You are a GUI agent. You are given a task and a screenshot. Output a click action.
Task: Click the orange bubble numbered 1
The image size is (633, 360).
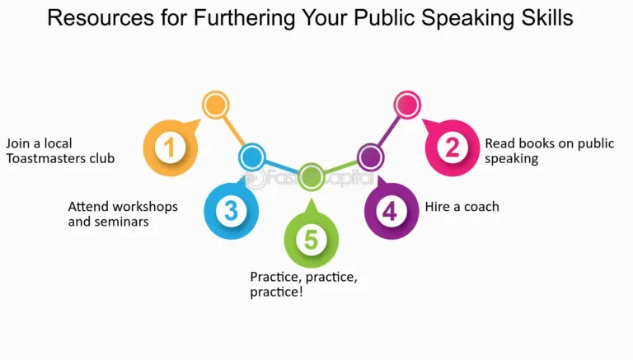(171, 148)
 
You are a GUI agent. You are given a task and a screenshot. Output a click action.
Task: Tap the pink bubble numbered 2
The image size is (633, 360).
(452, 147)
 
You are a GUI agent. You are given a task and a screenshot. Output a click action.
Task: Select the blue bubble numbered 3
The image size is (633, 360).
(231, 211)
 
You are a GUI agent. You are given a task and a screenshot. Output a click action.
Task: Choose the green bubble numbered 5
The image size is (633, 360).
(311, 240)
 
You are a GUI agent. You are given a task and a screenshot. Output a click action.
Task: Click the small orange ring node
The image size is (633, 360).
(215, 105)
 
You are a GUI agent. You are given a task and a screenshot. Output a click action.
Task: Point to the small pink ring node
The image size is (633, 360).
(407, 105)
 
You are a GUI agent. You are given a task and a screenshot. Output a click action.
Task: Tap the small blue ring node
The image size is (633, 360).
(252, 157)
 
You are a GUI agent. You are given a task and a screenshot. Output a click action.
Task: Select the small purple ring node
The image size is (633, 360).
(369, 156)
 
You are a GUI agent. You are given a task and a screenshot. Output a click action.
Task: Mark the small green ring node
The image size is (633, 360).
(311, 175)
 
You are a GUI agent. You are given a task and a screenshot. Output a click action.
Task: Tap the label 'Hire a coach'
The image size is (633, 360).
(462, 206)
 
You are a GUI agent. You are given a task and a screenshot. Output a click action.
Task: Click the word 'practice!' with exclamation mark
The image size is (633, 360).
(276, 291)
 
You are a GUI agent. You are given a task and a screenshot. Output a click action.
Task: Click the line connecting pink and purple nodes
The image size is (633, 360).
(388, 130)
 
